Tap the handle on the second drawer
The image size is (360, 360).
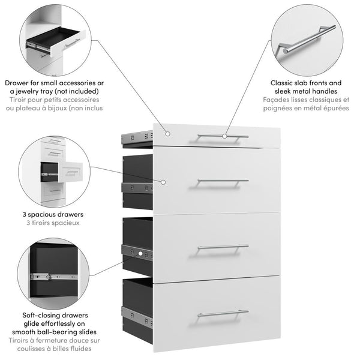(222, 181)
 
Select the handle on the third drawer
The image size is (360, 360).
(222, 247)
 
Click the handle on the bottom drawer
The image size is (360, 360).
(222, 312)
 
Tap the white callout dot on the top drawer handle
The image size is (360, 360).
(224, 136)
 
